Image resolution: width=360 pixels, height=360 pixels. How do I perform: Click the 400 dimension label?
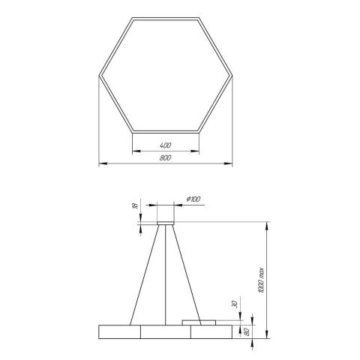(x=165, y=145)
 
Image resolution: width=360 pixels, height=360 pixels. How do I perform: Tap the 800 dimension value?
(x=165, y=157)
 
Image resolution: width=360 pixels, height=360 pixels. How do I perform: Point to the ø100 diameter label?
(x=193, y=199)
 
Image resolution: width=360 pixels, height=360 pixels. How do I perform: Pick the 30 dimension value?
(x=235, y=304)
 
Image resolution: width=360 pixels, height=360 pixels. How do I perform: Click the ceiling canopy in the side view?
(x=165, y=214)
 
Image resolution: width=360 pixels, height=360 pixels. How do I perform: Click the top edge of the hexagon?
(x=165, y=16)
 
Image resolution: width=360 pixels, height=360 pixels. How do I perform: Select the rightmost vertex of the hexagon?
(x=231, y=74)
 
